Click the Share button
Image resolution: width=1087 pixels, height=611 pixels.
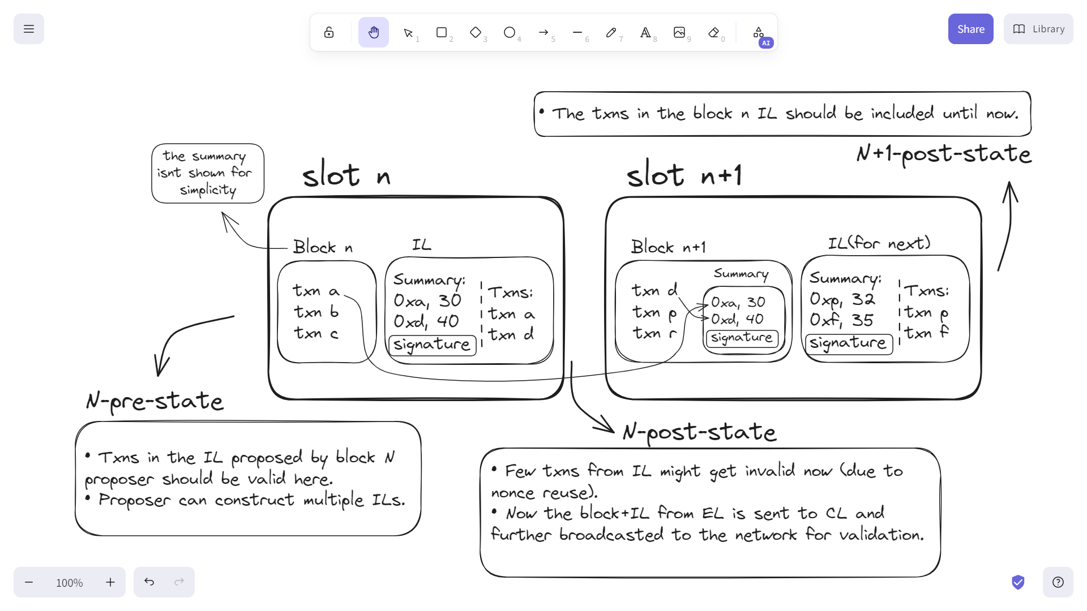[970, 29]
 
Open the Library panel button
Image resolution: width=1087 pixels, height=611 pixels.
[1038, 29]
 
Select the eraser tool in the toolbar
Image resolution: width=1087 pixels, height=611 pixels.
[713, 32]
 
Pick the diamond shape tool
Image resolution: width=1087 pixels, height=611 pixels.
[476, 32]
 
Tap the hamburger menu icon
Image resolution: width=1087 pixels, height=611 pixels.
[29, 29]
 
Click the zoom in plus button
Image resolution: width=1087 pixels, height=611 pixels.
[110, 582]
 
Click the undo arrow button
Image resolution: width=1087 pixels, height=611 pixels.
[149, 582]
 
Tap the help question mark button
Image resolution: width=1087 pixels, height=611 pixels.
[1058, 582]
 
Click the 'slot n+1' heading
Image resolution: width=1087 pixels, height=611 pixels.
[684, 175]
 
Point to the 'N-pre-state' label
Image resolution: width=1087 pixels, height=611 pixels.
[155, 401]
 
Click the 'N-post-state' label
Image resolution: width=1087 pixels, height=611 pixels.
[699, 432]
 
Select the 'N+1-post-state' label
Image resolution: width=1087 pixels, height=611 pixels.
[944, 153]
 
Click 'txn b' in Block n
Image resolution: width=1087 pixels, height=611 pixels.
[316, 312]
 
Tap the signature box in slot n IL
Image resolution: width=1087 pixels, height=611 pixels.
[432, 345]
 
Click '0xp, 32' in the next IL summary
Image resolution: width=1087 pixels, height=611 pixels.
[842, 299]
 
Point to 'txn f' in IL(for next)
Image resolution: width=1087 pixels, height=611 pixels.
[926, 333]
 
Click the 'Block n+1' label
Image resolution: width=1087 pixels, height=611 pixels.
[668, 247]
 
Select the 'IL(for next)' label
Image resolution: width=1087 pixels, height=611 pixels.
[879, 243]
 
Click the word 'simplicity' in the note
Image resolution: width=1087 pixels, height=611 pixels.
[208, 190]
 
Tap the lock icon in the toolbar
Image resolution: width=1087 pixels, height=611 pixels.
[329, 32]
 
